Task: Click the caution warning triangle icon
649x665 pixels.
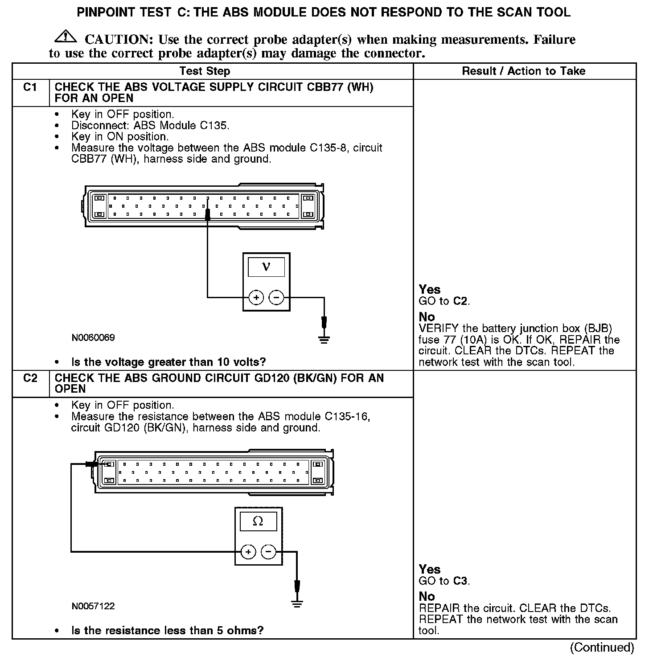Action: click(65, 37)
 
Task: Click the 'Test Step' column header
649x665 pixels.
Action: click(205, 71)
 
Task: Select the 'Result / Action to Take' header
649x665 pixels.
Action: click(524, 71)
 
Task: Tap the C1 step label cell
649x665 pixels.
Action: click(30, 87)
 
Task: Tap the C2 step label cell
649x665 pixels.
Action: click(30, 378)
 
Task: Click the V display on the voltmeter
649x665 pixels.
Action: click(266, 267)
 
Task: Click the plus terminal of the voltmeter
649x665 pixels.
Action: click(256, 297)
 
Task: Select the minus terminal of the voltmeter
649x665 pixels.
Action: click(276, 297)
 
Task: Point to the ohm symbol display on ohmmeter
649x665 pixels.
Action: click(258, 521)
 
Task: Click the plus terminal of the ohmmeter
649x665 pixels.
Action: click(248, 552)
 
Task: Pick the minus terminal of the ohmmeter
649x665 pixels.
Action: click(268, 552)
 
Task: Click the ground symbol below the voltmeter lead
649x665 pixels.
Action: click(324, 340)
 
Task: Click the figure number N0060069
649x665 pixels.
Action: click(93, 338)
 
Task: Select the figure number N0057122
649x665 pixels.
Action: click(93, 606)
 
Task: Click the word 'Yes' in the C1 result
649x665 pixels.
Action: click(430, 290)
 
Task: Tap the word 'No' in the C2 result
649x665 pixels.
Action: click(427, 596)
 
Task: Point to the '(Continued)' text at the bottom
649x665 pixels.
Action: click(602, 648)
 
